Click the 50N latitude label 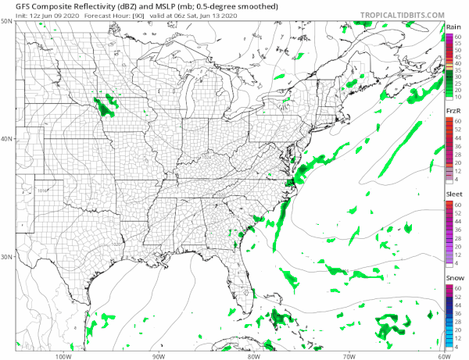click(x=7, y=21)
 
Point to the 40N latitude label click(x=7, y=139)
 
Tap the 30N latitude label click(x=7, y=257)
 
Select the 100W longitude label click(x=63, y=355)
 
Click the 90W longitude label click(x=158, y=355)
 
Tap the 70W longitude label click(x=348, y=355)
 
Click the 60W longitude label click(x=442, y=355)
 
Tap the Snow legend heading click(x=452, y=279)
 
